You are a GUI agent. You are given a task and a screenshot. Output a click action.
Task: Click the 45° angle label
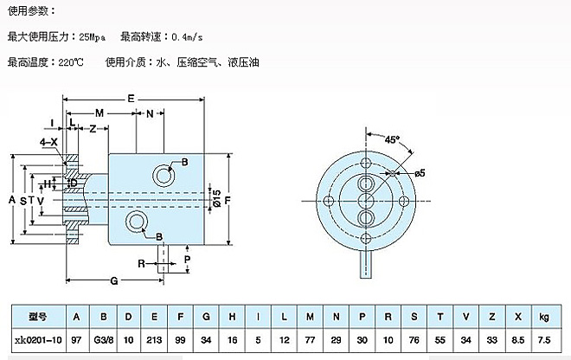tap(392, 138)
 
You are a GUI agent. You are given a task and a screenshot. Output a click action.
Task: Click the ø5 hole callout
tap(420, 173)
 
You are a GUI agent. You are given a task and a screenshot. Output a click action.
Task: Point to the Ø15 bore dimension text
tap(217, 197)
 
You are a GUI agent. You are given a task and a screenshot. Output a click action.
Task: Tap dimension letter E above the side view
tap(131, 99)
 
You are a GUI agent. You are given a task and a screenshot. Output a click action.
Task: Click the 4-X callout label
tap(49, 141)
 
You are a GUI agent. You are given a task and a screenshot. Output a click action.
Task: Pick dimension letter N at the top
tap(149, 114)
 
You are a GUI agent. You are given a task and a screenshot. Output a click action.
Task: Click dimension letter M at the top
tap(99, 114)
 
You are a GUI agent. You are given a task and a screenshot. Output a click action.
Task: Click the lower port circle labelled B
tap(137, 223)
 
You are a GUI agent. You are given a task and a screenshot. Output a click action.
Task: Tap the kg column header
tap(543, 317)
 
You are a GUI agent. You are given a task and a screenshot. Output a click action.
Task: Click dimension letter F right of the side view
tap(228, 200)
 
